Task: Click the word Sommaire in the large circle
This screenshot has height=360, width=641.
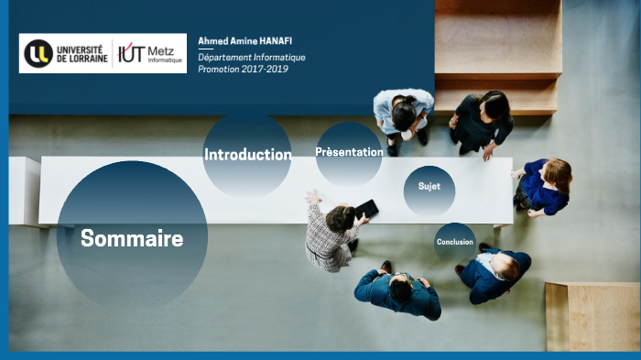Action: pos(132,239)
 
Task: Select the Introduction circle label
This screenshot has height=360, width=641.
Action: pos(247,155)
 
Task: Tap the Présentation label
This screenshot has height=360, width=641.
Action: pos(349,152)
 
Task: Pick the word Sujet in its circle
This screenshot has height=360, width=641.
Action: pos(429,186)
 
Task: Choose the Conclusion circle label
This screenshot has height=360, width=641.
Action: pos(455,242)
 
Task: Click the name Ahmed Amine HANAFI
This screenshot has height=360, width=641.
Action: pos(244,41)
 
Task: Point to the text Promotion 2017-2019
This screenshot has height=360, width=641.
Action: pos(243,70)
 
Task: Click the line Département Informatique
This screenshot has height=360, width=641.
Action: pos(251,57)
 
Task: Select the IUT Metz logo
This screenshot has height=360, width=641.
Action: pos(150,53)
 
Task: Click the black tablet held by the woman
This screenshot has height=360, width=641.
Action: pos(366,208)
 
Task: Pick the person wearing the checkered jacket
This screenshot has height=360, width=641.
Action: pos(331,236)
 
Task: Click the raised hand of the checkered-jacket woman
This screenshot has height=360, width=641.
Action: pos(312,195)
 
